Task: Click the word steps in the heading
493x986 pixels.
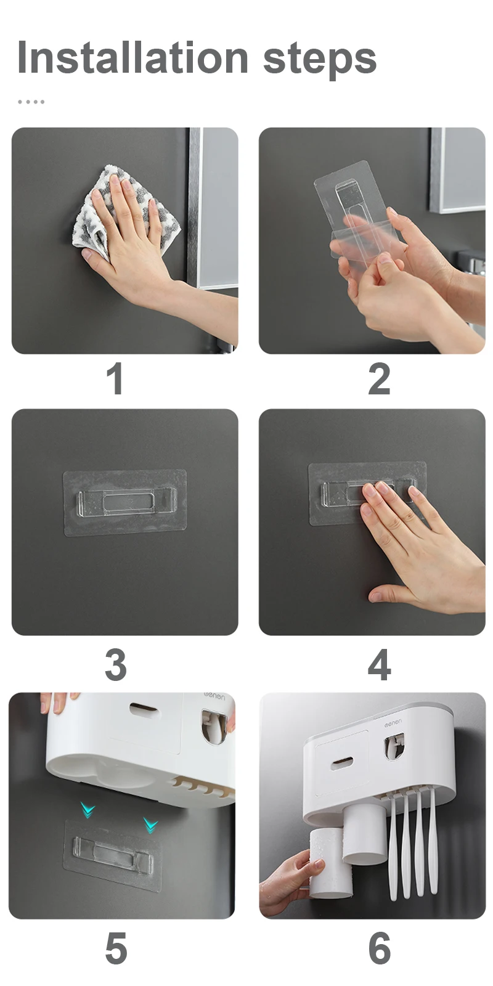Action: pos(320,61)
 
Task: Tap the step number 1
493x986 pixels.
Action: pos(115,378)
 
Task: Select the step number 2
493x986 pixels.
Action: pos(379,378)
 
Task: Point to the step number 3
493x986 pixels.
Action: pos(116,665)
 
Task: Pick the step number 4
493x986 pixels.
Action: pos(379,665)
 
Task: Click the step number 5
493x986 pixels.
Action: pos(116,948)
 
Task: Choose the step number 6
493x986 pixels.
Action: pos(379,948)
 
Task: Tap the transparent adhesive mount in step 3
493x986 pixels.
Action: pos(125,503)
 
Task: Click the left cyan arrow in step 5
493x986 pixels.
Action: pos(88,809)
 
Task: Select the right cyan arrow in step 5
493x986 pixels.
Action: pos(150,825)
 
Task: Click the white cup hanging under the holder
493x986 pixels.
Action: pos(364,833)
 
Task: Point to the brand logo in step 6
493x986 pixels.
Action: pos(393,723)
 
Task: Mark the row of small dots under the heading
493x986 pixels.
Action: pos(31,102)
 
